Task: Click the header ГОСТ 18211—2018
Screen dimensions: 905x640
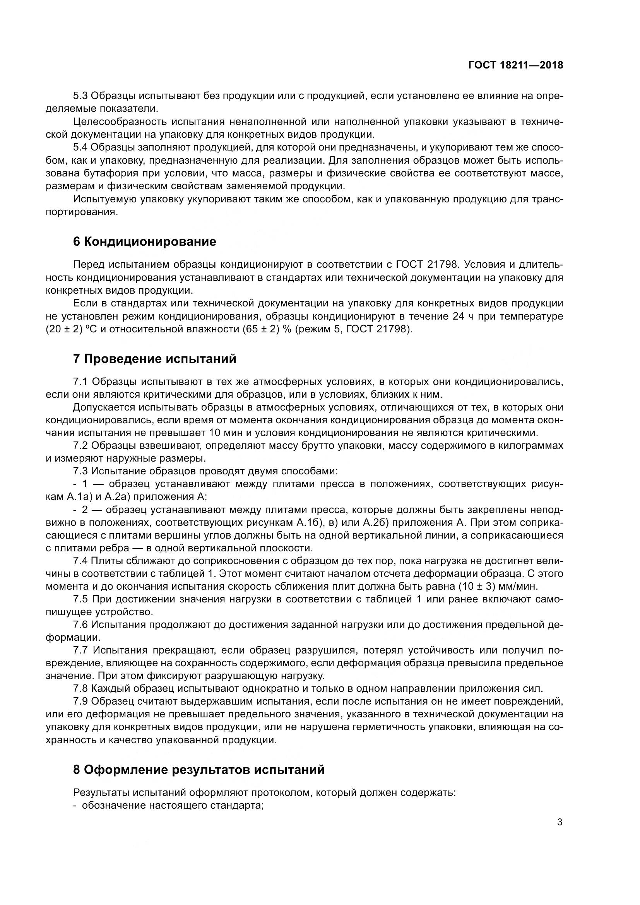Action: [515, 65]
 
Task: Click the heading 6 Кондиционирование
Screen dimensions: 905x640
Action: [145, 241]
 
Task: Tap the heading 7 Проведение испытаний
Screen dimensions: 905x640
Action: [154, 359]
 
